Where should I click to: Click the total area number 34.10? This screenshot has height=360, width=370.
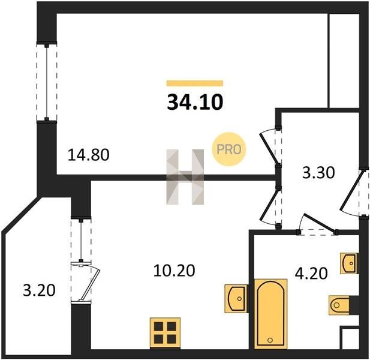coord(195,103)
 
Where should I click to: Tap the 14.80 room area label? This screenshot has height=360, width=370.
coord(89,155)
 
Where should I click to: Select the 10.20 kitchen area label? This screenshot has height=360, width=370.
coord(174,270)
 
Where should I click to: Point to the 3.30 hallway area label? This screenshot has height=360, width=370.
coord(318,173)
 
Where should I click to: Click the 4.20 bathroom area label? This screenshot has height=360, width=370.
coord(311,274)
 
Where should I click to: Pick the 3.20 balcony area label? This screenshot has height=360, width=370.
coord(39,290)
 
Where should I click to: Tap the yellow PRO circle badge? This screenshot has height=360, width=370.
coord(229,149)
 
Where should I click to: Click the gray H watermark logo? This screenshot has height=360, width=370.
coord(185,177)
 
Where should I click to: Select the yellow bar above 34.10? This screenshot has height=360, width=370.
coord(195,83)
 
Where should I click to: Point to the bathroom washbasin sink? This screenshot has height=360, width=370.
coord(349,263)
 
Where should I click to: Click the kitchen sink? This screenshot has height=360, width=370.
coord(236,299)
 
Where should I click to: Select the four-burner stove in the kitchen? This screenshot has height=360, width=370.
coord(165,333)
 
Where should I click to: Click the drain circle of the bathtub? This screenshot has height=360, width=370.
coord(270,340)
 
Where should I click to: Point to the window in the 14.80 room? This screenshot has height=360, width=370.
coord(47,82)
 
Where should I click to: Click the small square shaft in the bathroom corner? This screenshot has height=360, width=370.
coord(350,338)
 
